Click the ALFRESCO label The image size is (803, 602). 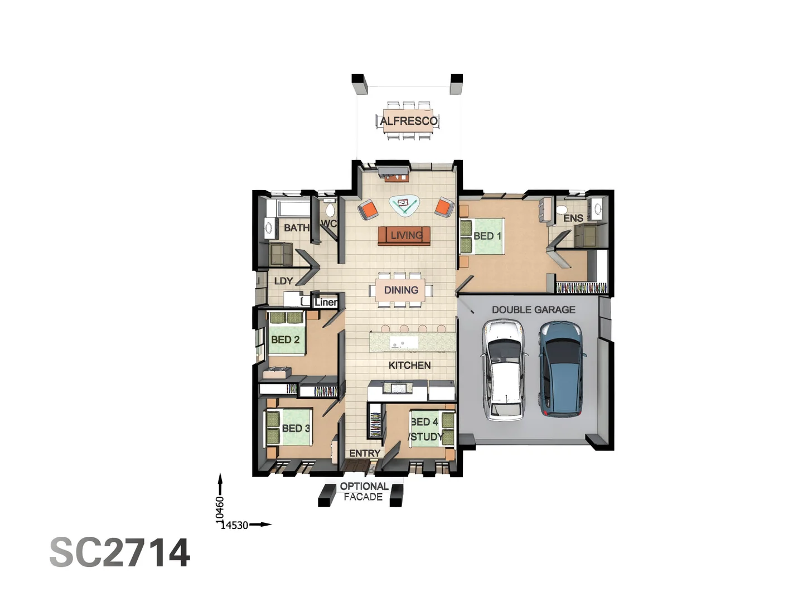[x=408, y=121]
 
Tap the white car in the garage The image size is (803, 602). [x=505, y=370]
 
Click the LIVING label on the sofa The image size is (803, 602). [x=406, y=235]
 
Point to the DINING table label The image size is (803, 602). [x=401, y=290]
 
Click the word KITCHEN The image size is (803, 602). [x=409, y=365]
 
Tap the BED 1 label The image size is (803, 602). [x=487, y=236]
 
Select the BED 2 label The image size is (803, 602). [x=285, y=339]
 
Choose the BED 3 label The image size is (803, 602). [x=296, y=428]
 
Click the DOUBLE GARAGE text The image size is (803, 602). [x=533, y=309]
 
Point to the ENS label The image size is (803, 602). [x=573, y=218]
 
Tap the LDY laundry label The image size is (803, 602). [x=283, y=281]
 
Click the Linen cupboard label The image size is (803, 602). [x=326, y=302]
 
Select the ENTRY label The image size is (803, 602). [x=365, y=453]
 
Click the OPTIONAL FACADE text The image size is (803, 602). [x=364, y=491]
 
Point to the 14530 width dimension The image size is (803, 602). [x=235, y=525]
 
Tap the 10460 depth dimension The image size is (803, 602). [x=220, y=509]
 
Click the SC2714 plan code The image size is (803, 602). [x=120, y=552]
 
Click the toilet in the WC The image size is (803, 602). [x=330, y=210]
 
